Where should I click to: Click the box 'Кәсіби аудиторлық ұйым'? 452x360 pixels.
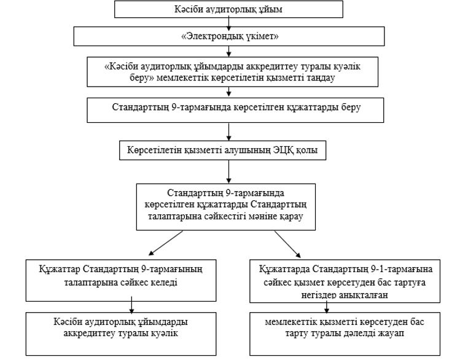tap(228, 9)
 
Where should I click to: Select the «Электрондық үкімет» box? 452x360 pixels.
tap(229, 36)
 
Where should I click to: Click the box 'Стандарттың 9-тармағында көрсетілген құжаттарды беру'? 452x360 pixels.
tap(235, 110)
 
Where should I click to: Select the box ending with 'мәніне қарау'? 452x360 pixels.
tap(226, 207)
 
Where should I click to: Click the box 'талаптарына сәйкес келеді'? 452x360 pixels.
tap(121, 280)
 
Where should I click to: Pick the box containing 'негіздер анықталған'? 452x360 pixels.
tap(345, 281)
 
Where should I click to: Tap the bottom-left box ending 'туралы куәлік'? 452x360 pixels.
tap(121, 334)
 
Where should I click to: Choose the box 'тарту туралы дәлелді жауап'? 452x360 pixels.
tap(345, 334)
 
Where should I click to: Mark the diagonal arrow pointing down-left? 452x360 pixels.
tap(166, 243)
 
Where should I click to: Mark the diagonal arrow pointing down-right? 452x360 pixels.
tap(287, 244)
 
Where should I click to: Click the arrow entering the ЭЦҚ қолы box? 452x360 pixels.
tap(228, 132)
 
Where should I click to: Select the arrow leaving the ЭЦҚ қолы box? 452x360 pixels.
tap(228, 171)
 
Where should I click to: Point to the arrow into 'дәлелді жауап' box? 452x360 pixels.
tap(326, 307)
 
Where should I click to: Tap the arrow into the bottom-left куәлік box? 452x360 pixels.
tap(131, 305)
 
